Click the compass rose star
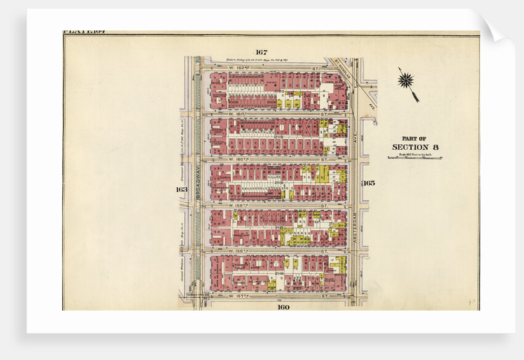406,80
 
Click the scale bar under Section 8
415,158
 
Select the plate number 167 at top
261,52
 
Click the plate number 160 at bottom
283,306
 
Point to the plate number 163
181,189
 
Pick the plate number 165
369,182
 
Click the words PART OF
414,138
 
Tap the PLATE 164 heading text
84,32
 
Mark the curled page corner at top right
493,28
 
